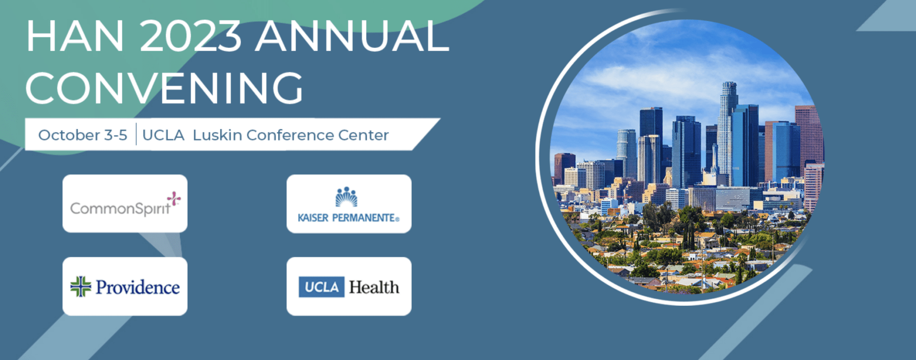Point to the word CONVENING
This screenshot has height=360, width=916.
(x=165, y=88)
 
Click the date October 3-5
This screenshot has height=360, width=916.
(x=83, y=135)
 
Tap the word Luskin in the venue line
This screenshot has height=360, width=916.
(x=217, y=135)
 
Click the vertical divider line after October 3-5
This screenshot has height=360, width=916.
(x=136, y=134)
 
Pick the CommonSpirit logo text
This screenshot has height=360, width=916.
(x=120, y=208)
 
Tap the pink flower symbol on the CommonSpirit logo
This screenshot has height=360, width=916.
(x=173, y=198)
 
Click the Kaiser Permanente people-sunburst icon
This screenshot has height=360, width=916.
(x=346, y=197)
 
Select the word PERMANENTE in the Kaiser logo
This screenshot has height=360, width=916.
(x=366, y=218)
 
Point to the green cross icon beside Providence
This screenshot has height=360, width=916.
(x=80, y=287)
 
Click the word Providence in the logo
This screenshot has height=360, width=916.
(x=138, y=287)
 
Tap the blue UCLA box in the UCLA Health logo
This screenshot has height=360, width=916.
(x=321, y=287)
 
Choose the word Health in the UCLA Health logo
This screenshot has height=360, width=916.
(x=374, y=287)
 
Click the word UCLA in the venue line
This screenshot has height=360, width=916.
(x=163, y=135)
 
